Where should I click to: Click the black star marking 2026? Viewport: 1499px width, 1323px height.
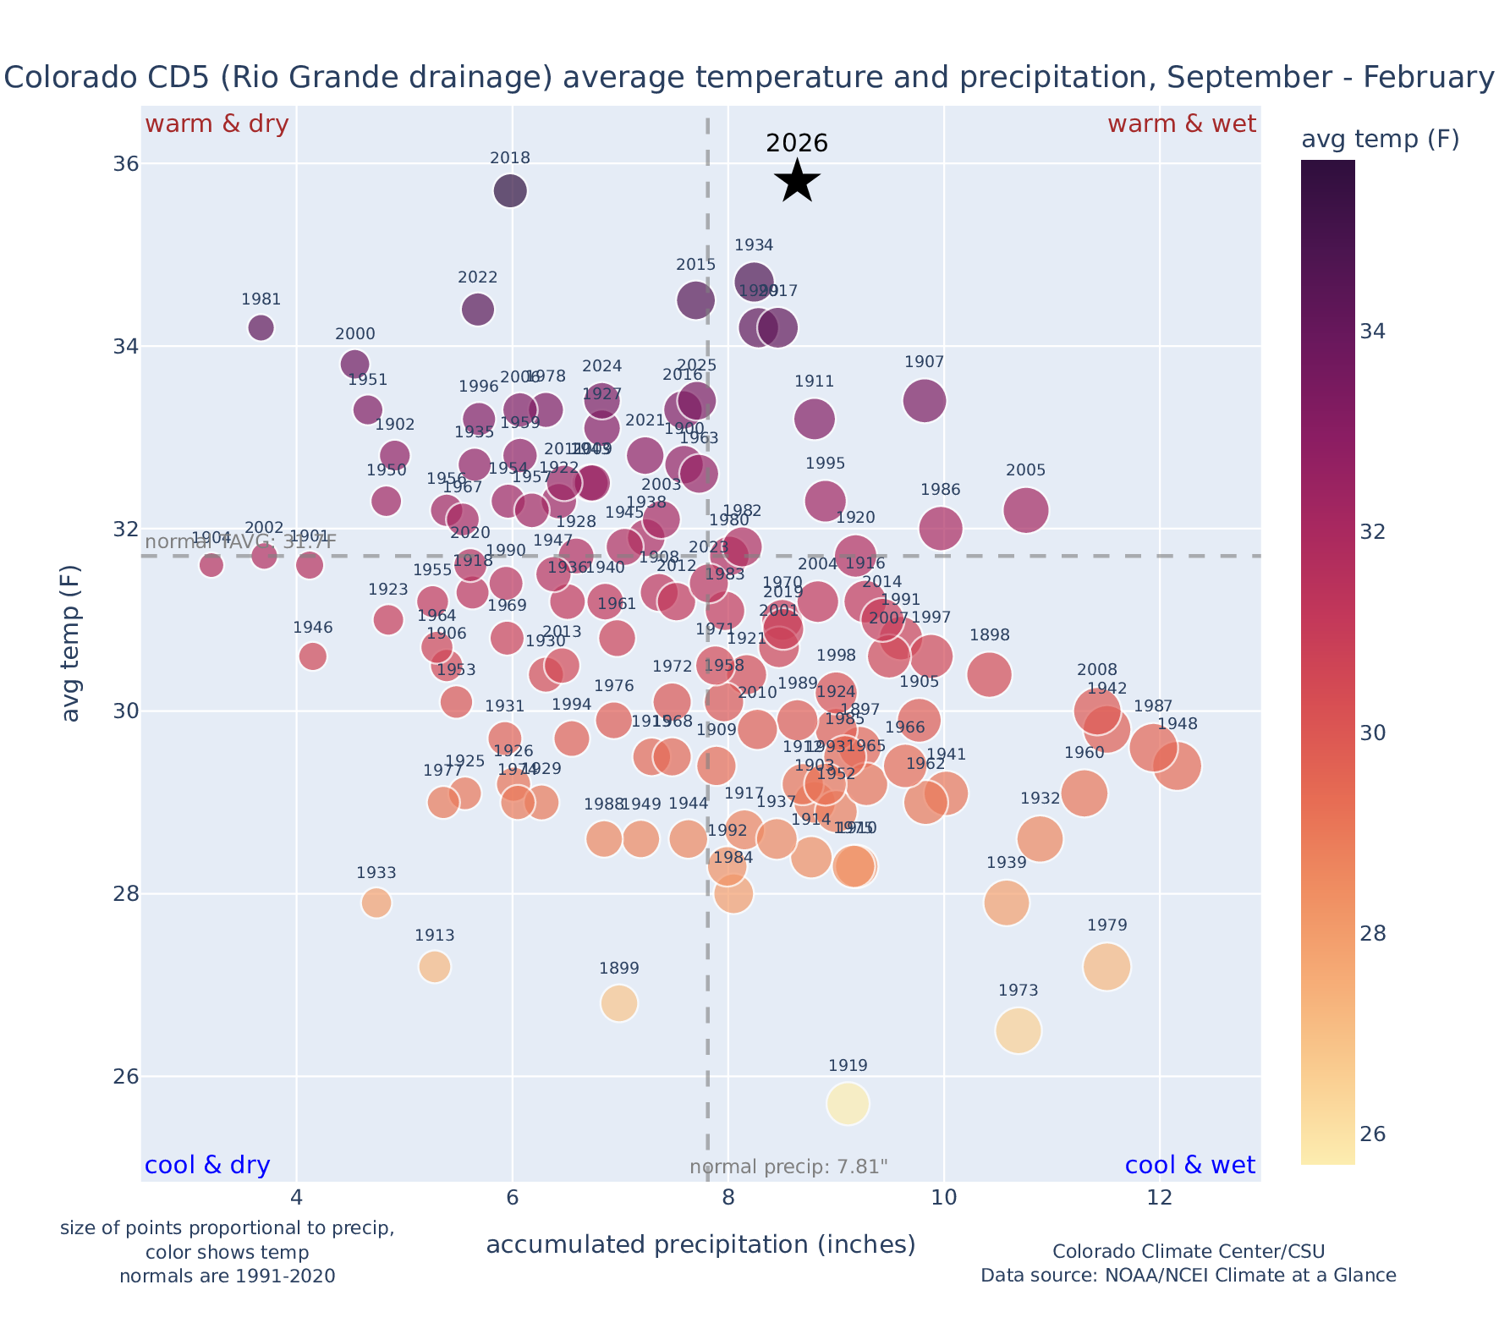coord(797,181)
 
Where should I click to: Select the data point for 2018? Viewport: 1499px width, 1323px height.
coord(510,191)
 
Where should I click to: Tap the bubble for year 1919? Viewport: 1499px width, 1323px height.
coord(848,1104)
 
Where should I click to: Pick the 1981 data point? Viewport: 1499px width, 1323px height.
coord(261,327)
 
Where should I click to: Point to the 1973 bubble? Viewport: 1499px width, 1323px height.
coord(1019,1030)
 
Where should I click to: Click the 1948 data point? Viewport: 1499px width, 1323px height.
coord(1177,766)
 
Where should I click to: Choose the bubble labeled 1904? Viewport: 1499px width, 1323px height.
coord(211,565)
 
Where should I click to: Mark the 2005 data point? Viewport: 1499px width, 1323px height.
coord(1026,510)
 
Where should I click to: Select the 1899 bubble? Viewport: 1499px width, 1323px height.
coord(619,1003)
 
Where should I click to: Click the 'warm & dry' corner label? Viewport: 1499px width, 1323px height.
coord(217,124)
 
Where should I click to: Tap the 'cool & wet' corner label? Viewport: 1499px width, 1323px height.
coord(1189,1166)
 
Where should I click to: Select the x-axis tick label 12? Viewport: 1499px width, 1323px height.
coord(1159,1199)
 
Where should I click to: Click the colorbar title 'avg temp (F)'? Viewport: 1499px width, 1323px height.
coord(1380,140)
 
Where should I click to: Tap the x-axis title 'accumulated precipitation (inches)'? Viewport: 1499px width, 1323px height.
coord(700,1245)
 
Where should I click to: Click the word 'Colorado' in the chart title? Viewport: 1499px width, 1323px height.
coord(57,78)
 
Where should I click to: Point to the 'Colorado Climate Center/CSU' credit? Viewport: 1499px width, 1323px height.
coord(1188,1252)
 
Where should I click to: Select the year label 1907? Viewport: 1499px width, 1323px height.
coord(924,363)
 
